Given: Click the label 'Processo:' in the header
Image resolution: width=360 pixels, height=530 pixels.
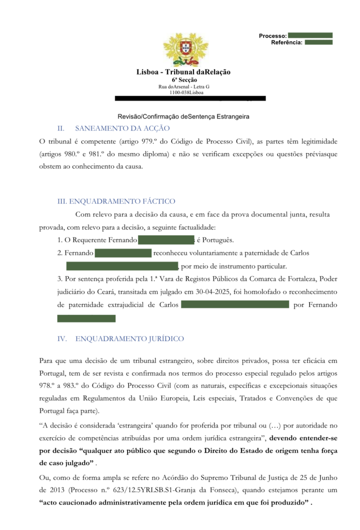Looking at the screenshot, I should (273, 36).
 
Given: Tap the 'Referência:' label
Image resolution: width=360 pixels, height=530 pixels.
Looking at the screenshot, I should (287, 42).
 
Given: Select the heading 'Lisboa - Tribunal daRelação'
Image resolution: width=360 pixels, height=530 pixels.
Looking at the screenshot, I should (184, 72).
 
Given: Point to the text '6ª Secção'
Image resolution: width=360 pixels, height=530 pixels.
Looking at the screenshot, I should (184, 80).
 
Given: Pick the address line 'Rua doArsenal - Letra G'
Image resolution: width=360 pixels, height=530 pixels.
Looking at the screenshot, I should (184, 86).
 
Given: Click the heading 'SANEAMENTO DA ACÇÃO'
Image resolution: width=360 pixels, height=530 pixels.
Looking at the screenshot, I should (123, 128).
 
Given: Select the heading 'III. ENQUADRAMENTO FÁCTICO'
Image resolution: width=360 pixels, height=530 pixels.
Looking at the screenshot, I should (116, 201).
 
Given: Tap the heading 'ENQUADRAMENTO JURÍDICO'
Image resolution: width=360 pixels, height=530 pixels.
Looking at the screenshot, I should (130, 339).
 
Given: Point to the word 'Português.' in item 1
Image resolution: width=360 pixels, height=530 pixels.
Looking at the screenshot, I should (215, 240).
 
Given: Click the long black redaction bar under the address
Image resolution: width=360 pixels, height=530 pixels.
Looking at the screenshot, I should (190, 98).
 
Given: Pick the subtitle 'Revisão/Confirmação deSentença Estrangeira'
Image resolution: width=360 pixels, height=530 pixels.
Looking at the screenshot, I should (184, 116).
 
